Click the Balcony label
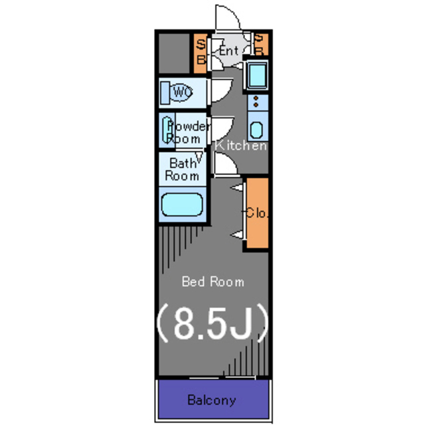click(211, 400)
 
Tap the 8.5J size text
click(212, 323)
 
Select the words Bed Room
click(212, 282)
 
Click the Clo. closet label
click(256, 213)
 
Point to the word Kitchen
click(242, 145)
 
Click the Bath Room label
click(182, 169)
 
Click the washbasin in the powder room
click(165, 129)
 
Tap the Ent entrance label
click(228, 50)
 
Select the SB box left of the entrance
click(200, 52)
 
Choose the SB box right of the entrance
click(260, 45)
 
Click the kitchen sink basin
click(257, 129)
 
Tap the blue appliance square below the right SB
click(256, 74)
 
